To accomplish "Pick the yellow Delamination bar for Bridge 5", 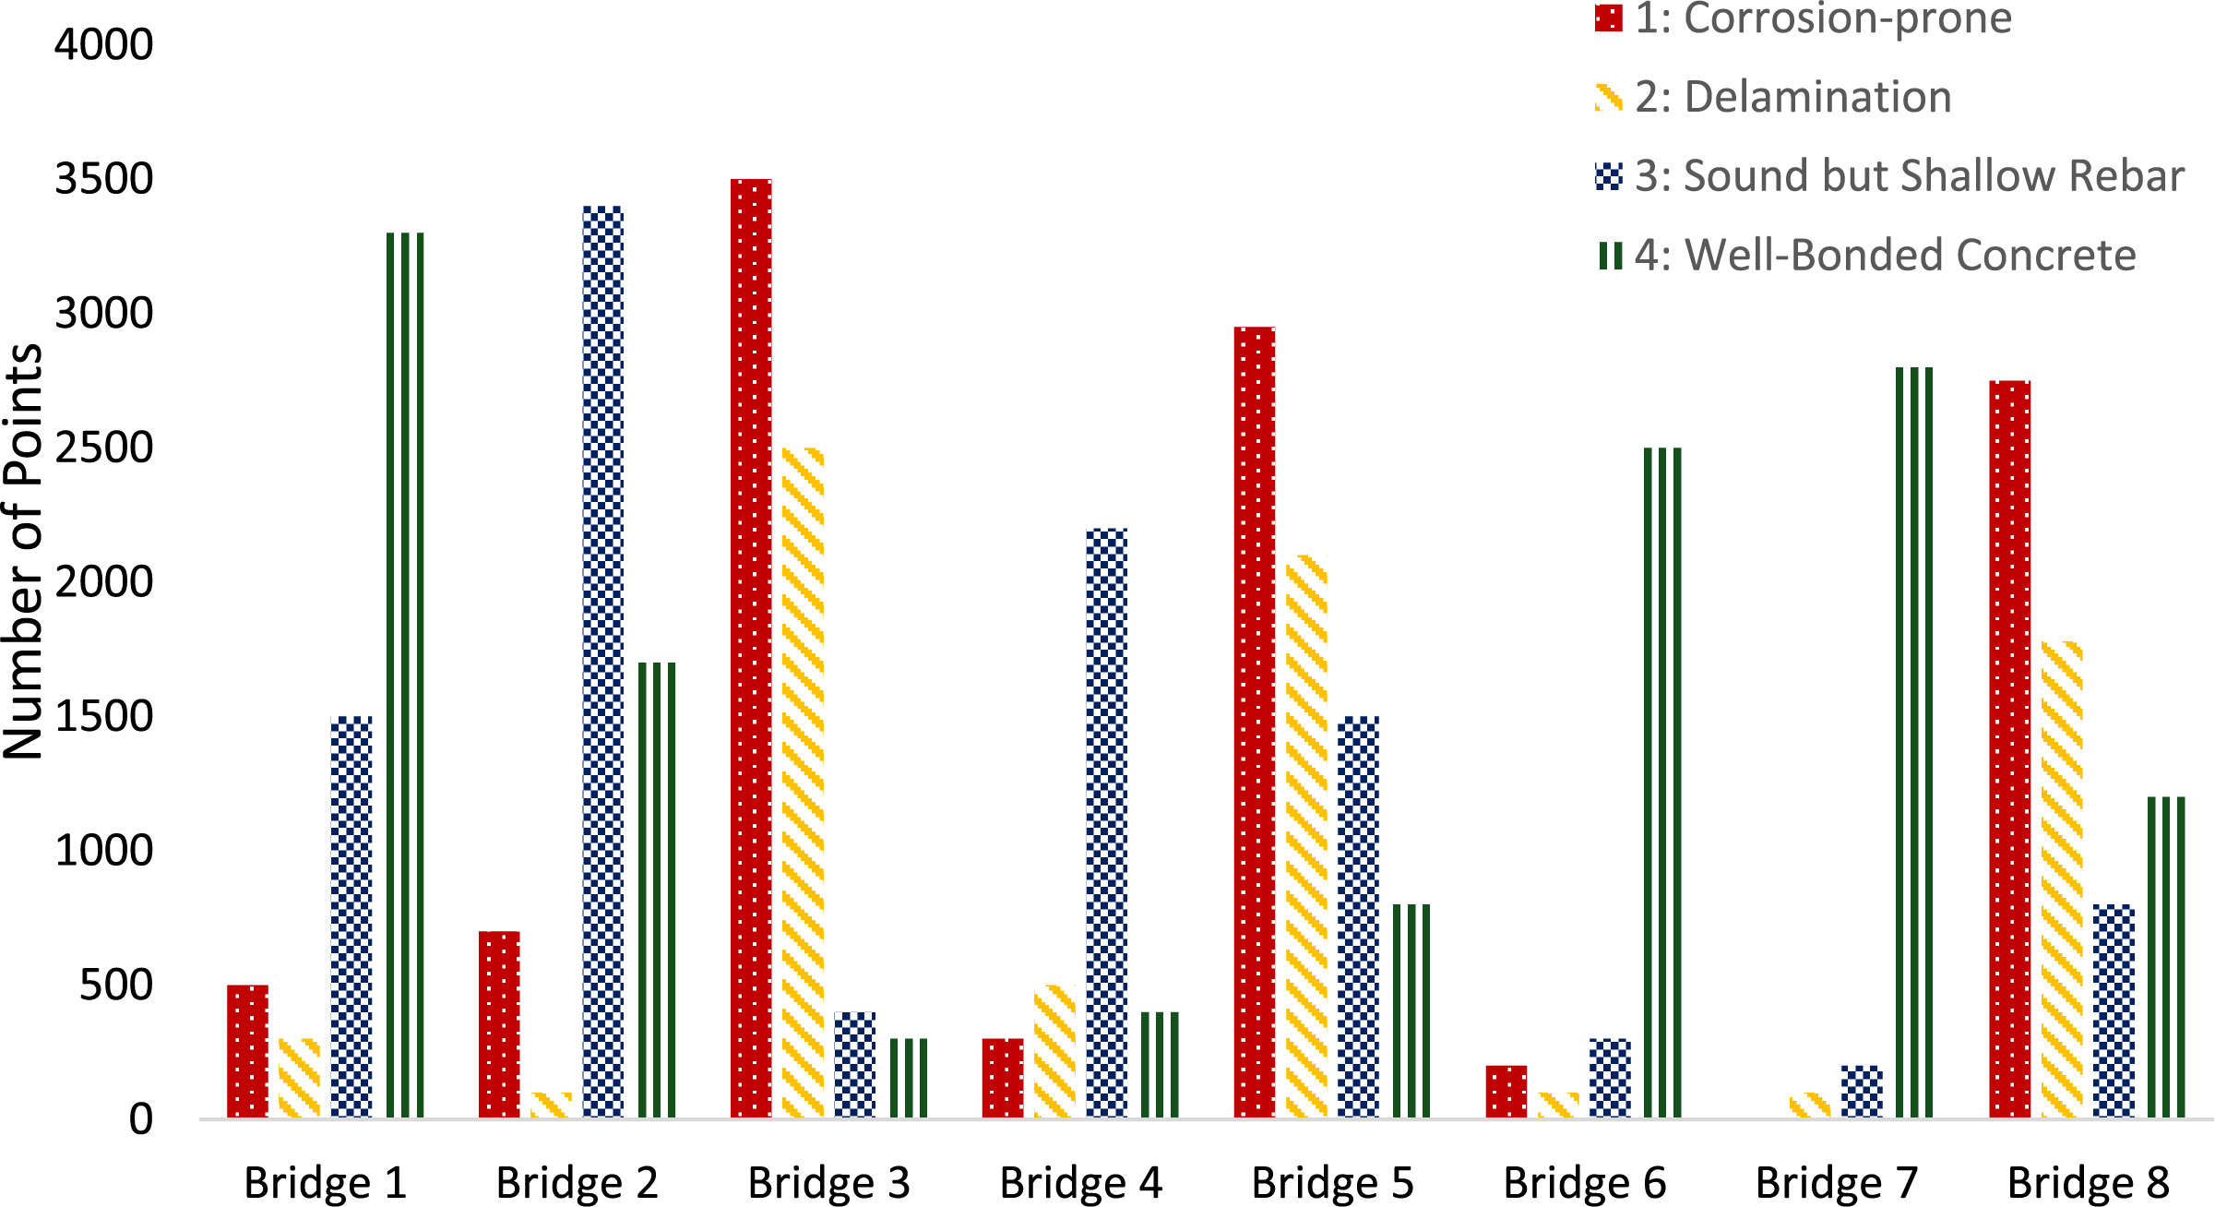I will tap(1306, 836).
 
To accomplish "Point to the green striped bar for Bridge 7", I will tap(1914, 743).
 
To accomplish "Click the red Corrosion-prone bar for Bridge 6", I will tap(1506, 1092).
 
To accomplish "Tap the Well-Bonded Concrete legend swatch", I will tap(1610, 256).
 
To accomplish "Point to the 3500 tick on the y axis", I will tap(103, 179).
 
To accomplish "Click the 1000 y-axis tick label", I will tap(103, 851).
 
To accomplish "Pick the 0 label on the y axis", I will tap(140, 1119).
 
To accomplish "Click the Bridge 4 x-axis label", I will tap(1080, 1183).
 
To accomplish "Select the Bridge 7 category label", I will tap(1836, 1183).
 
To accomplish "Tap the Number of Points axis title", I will tap(24, 552).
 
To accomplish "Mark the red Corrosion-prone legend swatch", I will tap(1608, 18).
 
